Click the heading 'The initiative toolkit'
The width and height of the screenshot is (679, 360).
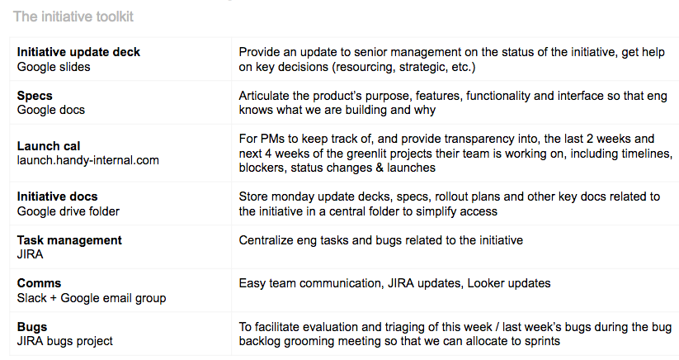[73, 17]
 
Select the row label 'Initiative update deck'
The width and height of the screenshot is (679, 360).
[78, 52]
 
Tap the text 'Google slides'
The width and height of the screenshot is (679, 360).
[54, 67]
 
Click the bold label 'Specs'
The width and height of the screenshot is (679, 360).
[35, 96]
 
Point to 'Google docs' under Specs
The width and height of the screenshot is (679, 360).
[51, 110]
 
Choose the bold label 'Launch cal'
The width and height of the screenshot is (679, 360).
[49, 146]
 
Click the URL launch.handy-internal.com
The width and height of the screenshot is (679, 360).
[88, 160]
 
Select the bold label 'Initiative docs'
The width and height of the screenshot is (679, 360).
[57, 197]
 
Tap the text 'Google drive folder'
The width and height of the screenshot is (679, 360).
[68, 211]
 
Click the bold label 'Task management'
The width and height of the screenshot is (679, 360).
[69, 240]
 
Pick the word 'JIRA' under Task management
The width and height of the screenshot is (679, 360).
[31, 254]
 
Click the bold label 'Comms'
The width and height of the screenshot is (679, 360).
[39, 283]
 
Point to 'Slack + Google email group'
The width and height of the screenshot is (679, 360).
[92, 298]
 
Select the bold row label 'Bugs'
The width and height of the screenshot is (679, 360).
[32, 327]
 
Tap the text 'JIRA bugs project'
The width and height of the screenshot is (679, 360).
[65, 341]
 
